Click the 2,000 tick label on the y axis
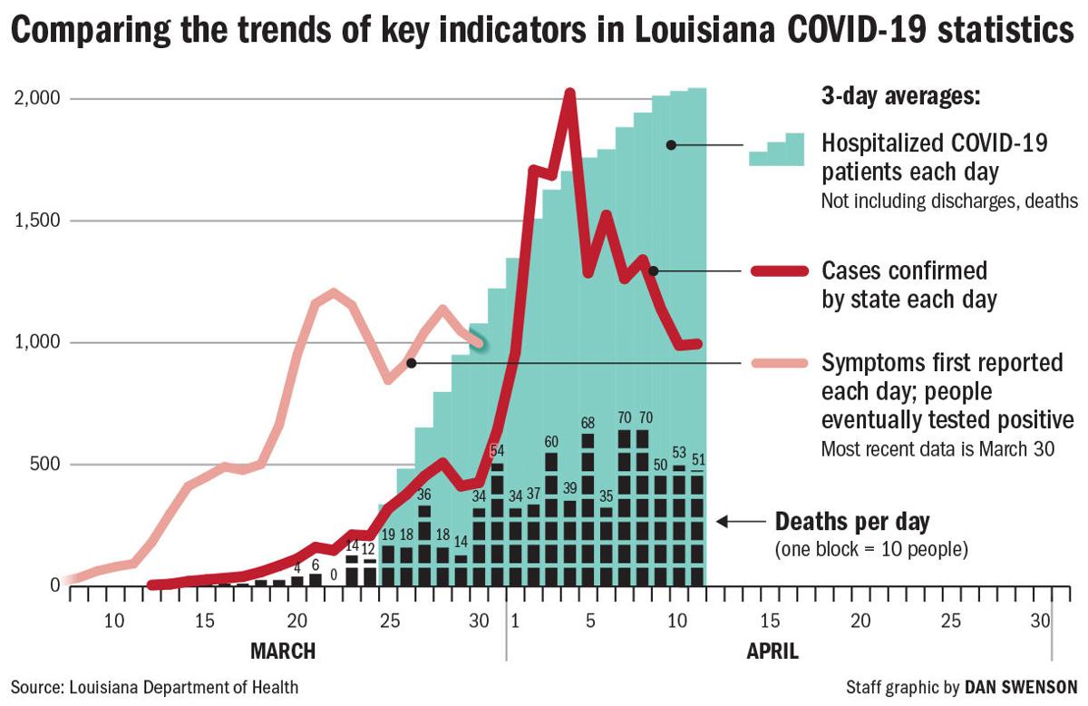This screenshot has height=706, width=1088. tap(34, 98)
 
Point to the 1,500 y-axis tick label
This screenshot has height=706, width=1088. tap(34, 221)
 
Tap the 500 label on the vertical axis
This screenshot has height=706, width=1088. tap(41, 465)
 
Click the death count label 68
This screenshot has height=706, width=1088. tap(588, 424)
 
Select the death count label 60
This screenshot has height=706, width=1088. tap(550, 442)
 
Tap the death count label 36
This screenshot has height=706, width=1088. tap(424, 495)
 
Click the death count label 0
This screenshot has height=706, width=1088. tap(334, 574)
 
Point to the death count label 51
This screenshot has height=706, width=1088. tap(697, 458)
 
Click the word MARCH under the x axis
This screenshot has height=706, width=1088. tap(282, 651)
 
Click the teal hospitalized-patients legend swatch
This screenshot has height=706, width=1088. tap(776, 150)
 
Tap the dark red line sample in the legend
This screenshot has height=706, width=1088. tap(778, 270)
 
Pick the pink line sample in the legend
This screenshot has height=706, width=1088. tap(778, 363)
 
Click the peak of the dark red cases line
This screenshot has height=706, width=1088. tap(569, 93)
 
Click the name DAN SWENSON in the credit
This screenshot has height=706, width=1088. tap(1022, 687)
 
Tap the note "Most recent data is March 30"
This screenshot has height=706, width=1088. tap(937, 448)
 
